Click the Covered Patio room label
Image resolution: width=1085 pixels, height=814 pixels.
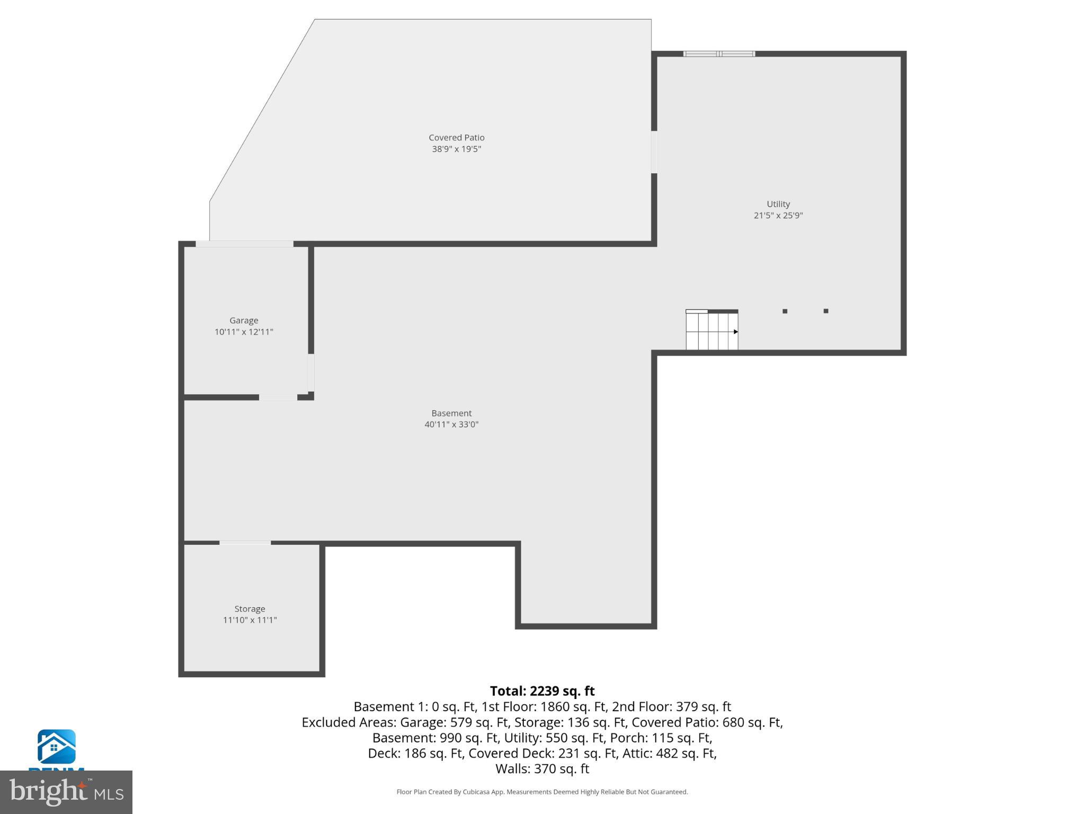pos(456,138)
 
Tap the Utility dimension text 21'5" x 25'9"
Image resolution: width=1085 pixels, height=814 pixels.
pos(778,216)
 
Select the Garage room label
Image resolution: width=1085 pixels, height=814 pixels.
pos(244,321)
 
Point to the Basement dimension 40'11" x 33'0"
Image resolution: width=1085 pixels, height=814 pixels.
pos(451,424)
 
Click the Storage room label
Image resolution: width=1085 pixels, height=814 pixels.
pos(250,609)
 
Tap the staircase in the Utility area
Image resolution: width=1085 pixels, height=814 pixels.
pos(711,331)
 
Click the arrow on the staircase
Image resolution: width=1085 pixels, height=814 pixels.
pos(735,332)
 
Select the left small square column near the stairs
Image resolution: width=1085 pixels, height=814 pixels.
pos(785,311)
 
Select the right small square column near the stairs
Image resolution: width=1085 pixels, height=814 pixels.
pos(825,311)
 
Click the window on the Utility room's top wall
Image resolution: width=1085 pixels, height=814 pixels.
pos(719,54)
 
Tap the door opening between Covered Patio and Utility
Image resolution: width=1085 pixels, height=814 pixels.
pos(654,152)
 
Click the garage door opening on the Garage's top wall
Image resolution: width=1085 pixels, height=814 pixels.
pos(244,244)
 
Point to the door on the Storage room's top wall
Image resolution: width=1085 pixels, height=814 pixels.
pos(245,543)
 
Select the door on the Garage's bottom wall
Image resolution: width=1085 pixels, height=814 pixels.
pos(278,397)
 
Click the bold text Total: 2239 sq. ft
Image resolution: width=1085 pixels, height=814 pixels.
pos(542,691)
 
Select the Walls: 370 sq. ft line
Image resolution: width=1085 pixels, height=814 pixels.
pos(542,769)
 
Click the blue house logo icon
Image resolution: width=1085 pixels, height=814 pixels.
pos(56,746)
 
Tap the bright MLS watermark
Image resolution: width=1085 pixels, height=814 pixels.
pos(66,792)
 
